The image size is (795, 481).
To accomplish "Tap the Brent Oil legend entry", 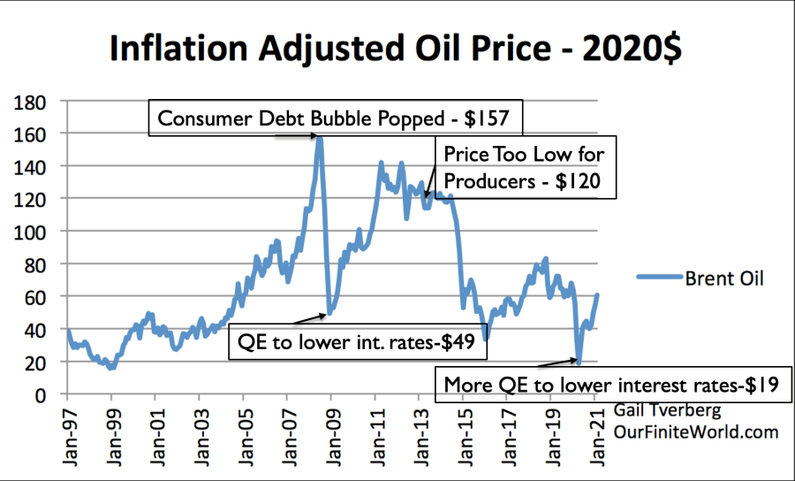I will pyautogui.click(x=698, y=279).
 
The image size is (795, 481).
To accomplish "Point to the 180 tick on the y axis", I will pyautogui.click(x=38, y=101).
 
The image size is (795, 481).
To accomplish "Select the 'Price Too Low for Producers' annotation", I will pyautogui.click(x=524, y=166).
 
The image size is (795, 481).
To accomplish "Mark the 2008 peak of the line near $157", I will pyautogui.click(x=319, y=138).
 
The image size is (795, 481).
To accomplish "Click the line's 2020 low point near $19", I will pyautogui.click(x=579, y=362).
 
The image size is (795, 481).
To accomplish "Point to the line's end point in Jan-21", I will pyautogui.click(x=598, y=295).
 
